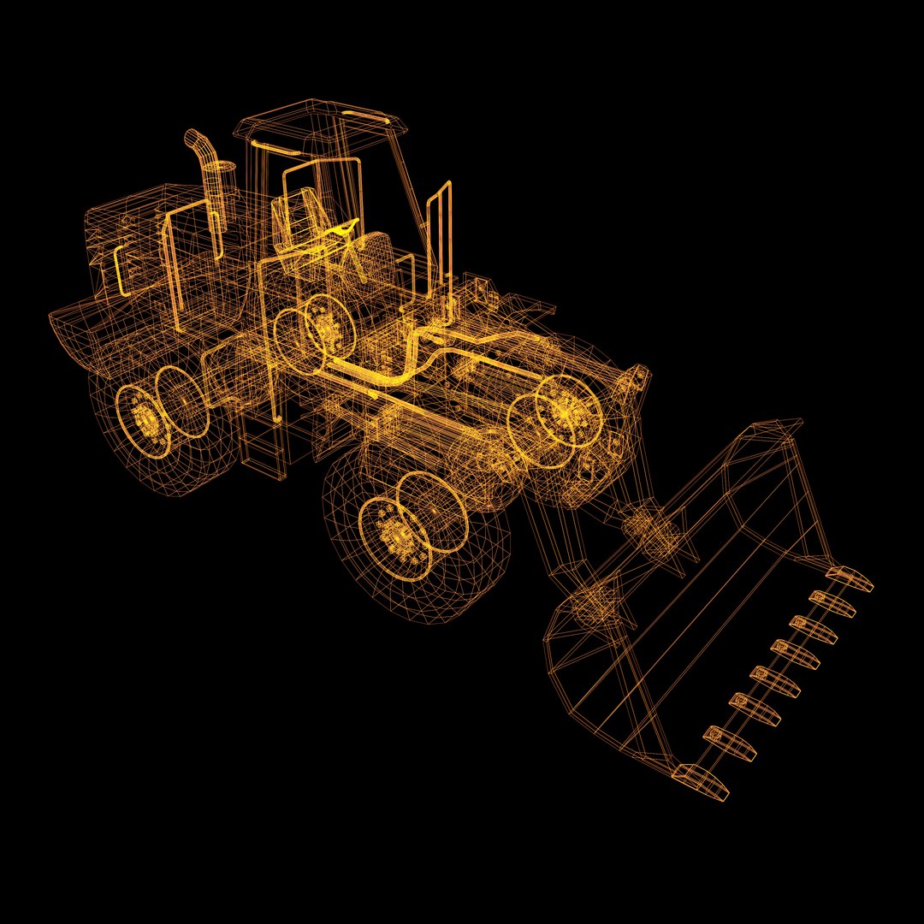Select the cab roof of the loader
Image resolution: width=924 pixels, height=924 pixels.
point(325,121)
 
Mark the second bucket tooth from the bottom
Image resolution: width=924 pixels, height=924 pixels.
point(730,743)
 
